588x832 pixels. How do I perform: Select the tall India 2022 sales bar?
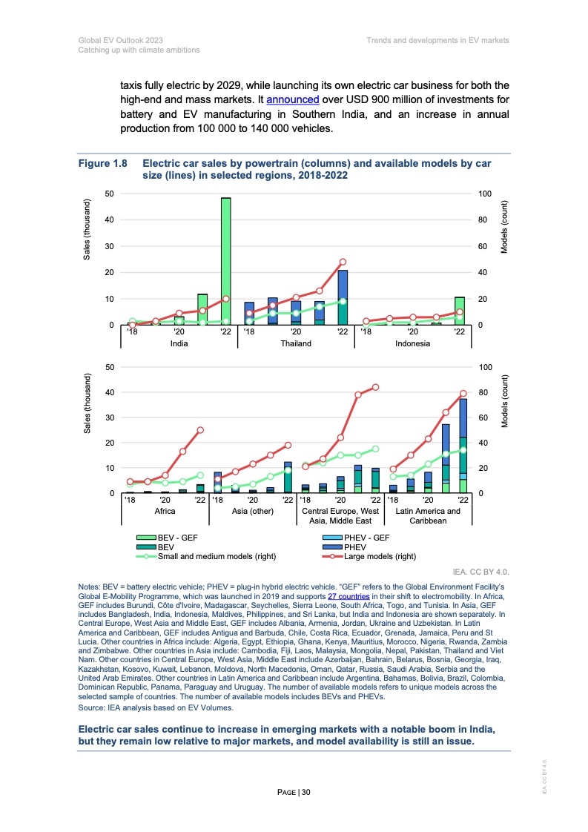(225, 261)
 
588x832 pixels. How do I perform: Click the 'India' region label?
(179, 343)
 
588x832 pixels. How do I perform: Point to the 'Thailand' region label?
(296, 343)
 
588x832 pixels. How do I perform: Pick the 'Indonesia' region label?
(412, 343)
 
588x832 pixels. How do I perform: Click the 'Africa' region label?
(165, 511)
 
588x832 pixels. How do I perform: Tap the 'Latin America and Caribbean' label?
(428, 515)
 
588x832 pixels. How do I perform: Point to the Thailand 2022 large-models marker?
(343, 262)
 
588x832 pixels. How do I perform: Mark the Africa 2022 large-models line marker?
(200, 430)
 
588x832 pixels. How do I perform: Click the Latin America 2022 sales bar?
(463, 446)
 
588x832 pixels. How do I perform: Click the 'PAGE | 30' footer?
(294, 793)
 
